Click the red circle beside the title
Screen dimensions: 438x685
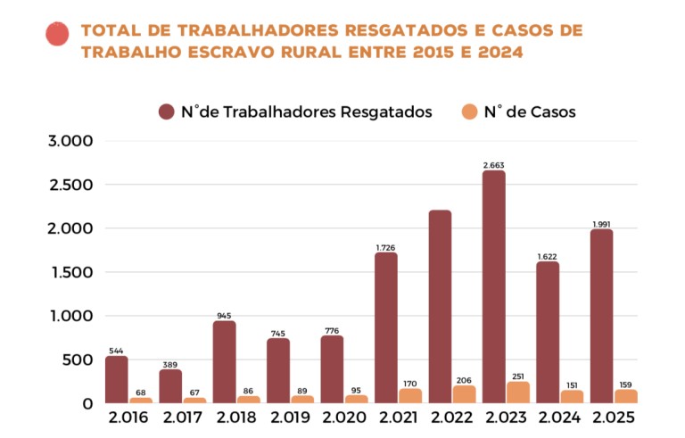[x=57, y=34]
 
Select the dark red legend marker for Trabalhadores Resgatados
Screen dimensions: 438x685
[x=167, y=112]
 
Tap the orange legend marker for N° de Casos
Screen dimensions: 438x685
[x=469, y=112]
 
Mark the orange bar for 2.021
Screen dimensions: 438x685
[x=410, y=395]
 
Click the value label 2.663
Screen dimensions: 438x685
[x=493, y=165]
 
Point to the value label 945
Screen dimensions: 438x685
[x=224, y=316]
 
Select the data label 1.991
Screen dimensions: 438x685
[x=600, y=224]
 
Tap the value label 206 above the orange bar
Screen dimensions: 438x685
[x=464, y=379]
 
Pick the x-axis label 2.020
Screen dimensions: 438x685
[x=343, y=417]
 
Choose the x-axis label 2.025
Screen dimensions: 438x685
[x=613, y=417]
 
